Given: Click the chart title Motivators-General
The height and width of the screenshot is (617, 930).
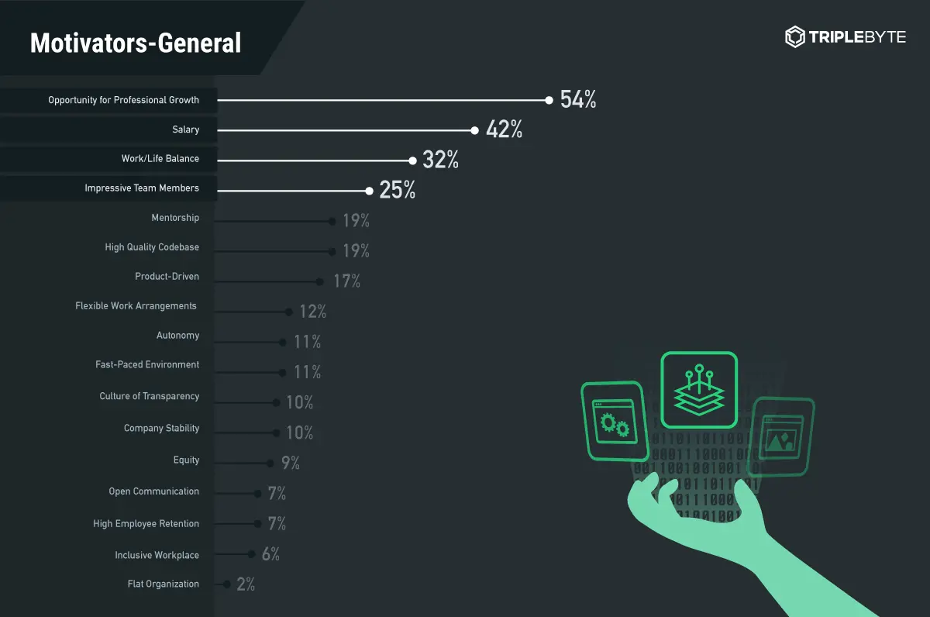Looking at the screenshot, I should (136, 43).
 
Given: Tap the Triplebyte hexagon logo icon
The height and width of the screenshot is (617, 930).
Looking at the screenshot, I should (795, 36).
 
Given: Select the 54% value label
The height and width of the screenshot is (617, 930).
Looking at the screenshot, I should (578, 100).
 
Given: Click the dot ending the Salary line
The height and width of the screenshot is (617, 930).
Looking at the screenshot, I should (475, 130).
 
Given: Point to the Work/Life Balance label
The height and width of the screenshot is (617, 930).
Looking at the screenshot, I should (160, 159).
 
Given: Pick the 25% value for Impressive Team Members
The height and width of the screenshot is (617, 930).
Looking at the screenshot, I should (398, 190).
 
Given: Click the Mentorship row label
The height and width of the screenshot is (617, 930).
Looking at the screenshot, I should (175, 218).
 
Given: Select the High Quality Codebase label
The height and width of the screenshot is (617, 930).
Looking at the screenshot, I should (152, 247).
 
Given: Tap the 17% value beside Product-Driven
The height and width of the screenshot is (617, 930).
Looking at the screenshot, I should (347, 281).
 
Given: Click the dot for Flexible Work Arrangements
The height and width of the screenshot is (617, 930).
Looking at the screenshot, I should (288, 312).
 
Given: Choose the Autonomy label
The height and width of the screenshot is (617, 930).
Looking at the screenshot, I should (177, 336).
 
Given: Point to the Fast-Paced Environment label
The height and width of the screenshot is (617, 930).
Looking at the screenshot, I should (147, 364).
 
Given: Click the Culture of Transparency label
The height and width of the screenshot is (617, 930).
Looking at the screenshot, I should (150, 396).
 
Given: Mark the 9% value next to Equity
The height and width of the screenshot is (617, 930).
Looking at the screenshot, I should (291, 464).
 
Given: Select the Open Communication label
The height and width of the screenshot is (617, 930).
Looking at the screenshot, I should (154, 491).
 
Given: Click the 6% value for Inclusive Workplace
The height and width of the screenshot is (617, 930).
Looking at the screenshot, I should (270, 554).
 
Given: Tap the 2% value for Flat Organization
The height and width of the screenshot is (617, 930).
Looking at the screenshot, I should (246, 584).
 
